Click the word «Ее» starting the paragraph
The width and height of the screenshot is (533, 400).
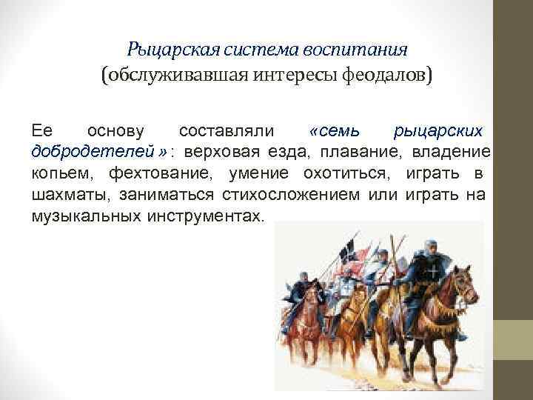pyautogui.click(x=41, y=132)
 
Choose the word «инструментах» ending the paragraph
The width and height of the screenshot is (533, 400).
pyautogui.click(x=211, y=217)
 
